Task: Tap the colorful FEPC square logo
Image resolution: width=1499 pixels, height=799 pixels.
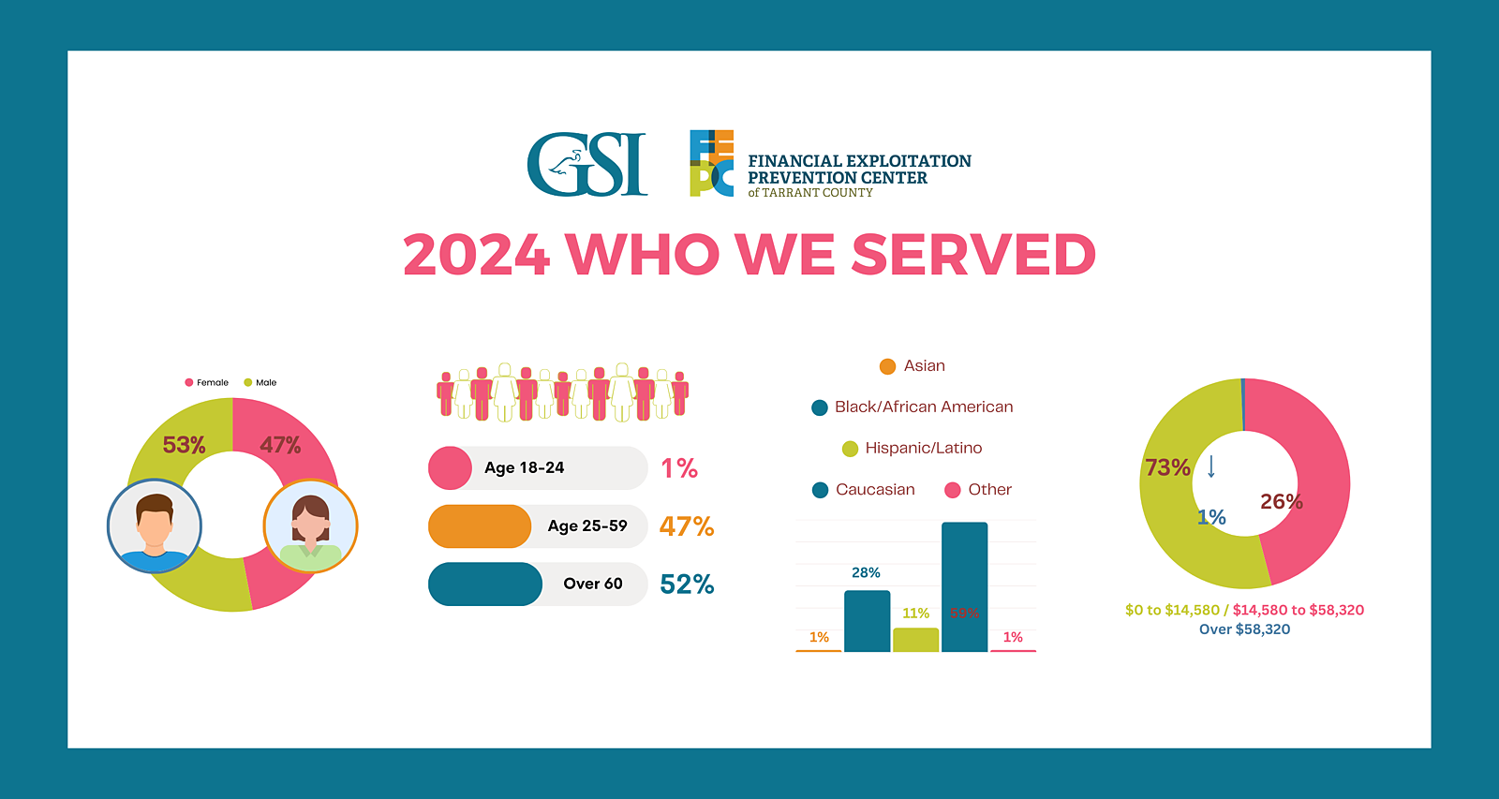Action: [x=712, y=163]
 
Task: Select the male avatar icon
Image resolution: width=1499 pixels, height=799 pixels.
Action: [x=155, y=526]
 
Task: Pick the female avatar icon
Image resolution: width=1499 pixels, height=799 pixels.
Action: [x=310, y=526]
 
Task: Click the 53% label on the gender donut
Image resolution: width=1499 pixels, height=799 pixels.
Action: [x=184, y=445]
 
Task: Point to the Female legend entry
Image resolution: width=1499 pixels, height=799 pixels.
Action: [x=207, y=382]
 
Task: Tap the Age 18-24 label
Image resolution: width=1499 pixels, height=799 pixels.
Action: [x=524, y=468]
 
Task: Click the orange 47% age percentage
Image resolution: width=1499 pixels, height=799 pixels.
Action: [x=687, y=526]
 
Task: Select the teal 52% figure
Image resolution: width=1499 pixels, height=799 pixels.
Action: [x=687, y=584]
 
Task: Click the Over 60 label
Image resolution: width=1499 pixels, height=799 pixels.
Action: [x=592, y=584]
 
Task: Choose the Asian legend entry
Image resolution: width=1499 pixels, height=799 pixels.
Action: [x=913, y=366]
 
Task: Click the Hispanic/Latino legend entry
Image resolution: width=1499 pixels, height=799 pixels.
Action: [x=913, y=449]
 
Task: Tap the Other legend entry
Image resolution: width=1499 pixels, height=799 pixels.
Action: [x=979, y=490]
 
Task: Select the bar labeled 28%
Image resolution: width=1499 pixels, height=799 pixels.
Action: [x=867, y=620]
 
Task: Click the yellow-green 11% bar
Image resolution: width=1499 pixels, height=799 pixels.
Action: [x=915, y=640]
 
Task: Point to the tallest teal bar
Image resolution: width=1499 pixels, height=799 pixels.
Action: [x=964, y=585]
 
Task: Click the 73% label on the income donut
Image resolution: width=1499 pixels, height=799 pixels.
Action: [x=1167, y=467]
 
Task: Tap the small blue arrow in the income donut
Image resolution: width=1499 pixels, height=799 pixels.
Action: [x=1211, y=466]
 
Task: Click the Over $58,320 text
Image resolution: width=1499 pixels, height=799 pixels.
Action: [x=1244, y=629]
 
